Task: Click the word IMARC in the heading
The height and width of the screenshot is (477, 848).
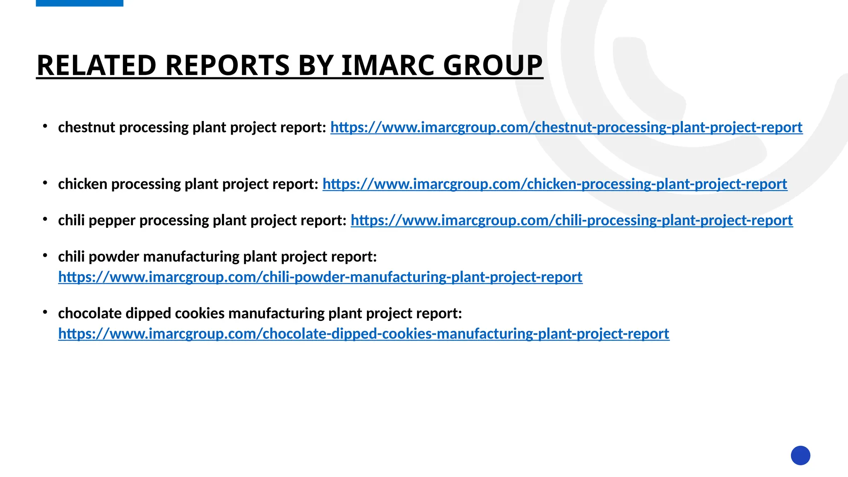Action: (x=388, y=65)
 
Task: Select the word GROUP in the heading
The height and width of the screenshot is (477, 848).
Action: (x=492, y=65)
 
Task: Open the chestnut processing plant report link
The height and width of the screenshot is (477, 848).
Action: (x=566, y=128)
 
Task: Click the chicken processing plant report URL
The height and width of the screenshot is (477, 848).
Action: (x=554, y=184)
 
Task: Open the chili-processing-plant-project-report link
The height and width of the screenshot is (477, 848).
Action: (x=571, y=221)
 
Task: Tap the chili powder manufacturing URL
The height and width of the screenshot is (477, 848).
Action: (x=320, y=277)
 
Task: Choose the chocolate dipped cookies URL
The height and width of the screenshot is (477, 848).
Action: (x=364, y=334)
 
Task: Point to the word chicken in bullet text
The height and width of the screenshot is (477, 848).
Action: (x=82, y=184)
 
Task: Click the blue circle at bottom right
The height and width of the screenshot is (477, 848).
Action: (x=800, y=455)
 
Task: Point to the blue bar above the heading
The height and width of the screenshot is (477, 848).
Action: (x=79, y=3)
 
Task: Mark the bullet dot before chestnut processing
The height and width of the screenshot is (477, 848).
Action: (x=45, y=125)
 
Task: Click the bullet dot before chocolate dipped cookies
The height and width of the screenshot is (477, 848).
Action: (x=45, y=312)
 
